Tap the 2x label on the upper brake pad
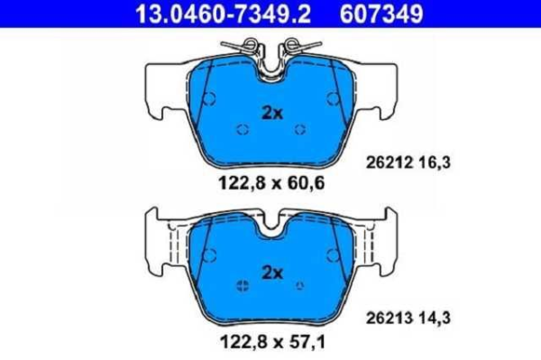(271, 113)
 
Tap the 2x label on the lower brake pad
(271, 272)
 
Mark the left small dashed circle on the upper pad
(242, 129)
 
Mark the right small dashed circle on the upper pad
(300, 129)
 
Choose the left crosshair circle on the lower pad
(242, 286)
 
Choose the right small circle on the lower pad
(300, 286)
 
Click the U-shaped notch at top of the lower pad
(271, 226)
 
